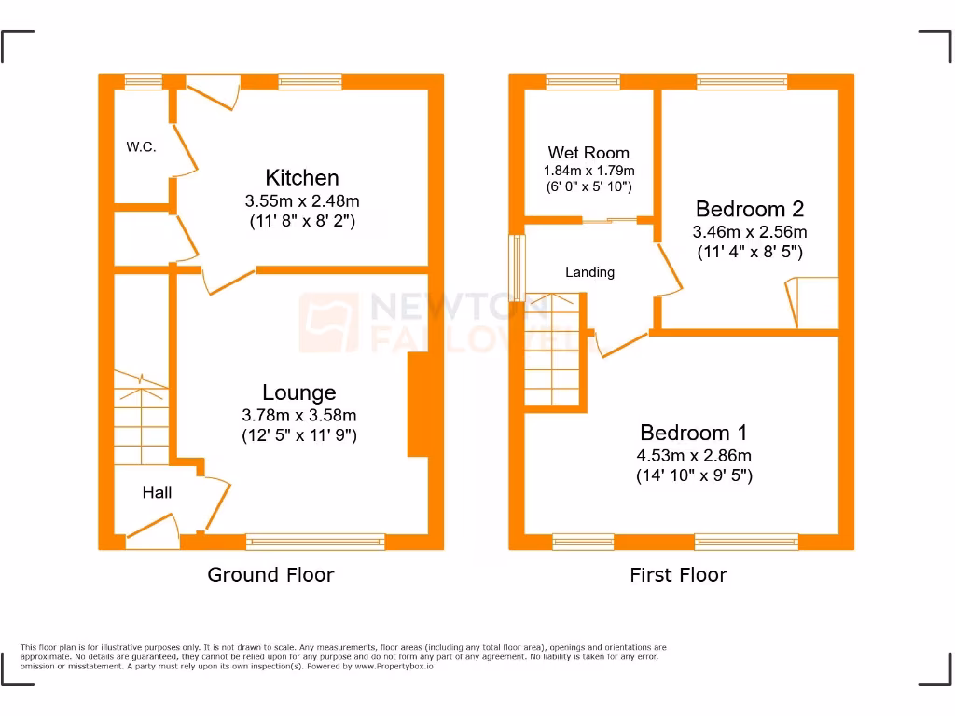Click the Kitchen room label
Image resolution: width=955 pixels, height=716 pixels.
coord(301,177)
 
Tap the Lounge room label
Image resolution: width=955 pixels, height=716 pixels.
coord(298,392)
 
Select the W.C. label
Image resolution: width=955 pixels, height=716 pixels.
coord(142,147)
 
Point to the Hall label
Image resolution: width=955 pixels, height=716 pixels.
coord(157,492)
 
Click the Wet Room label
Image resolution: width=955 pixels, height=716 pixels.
coord(588,153)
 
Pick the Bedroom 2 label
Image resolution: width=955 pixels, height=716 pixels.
coord(749,209)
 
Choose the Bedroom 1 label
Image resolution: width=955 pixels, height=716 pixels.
coord(693,433)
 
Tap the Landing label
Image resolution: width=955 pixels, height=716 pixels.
coord(589,272)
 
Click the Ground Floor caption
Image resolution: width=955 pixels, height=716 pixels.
coord(270,574)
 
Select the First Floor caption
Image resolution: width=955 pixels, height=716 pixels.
coord(678,574)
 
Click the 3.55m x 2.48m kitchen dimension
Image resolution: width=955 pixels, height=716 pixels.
coord(301,200)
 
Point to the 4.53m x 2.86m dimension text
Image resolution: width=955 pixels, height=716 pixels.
coord(694,456)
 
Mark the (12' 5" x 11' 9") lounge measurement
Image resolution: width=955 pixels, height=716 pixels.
coord(298,435)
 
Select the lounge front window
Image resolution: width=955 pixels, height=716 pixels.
coord(315,542)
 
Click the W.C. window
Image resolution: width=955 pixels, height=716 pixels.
coord(144,82)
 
